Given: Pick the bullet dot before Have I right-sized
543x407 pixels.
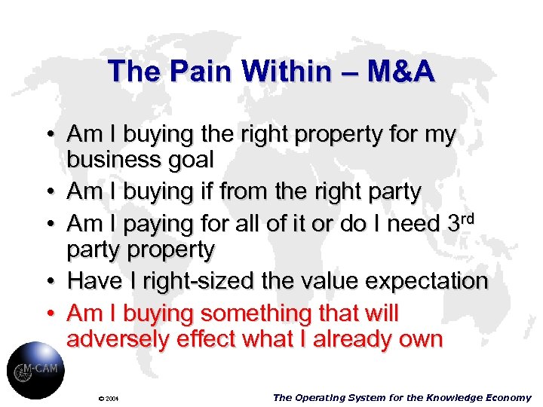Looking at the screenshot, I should tap(47, 281).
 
